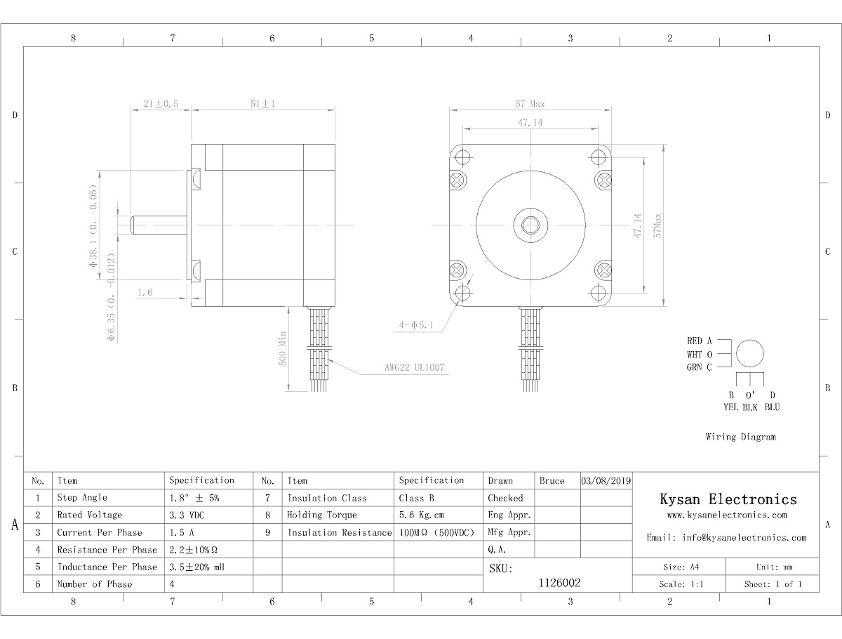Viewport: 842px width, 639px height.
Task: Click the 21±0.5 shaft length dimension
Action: click(161, 104)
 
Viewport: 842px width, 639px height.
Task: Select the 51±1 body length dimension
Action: click(262, 104)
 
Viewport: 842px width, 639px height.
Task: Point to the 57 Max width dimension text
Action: click(530, 104)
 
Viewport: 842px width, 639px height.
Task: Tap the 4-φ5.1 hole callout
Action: click(416, 325)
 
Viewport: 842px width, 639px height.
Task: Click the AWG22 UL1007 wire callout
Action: click(414, 367)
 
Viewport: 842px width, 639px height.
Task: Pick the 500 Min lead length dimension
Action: click(282, 348)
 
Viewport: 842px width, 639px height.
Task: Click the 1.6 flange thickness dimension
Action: click(145, 292)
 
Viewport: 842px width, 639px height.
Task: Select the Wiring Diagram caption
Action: click(741, 437)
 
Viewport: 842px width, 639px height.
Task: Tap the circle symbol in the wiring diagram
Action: click(750, 340)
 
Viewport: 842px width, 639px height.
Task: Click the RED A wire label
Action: click(700, 341)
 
